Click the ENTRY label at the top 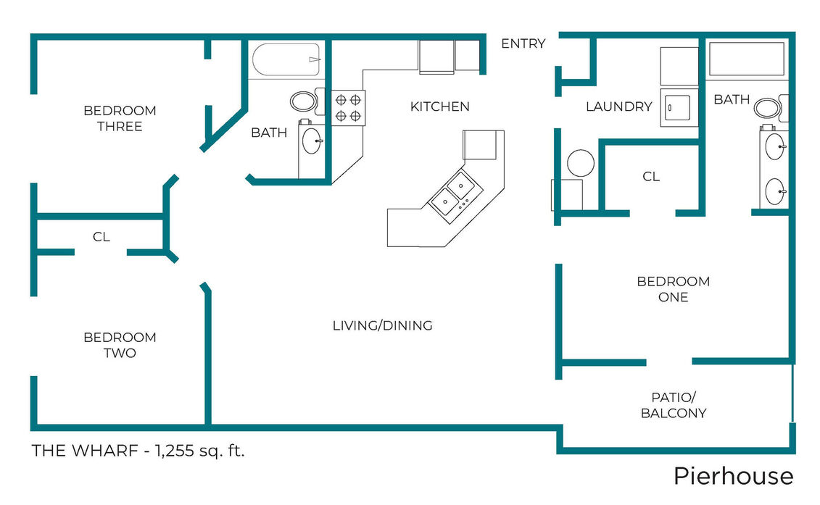pos(523,43)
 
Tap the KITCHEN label pos(440,107)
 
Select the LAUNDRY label pos(618,107)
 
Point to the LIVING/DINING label pos(382,326)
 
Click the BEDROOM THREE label pos(120,119)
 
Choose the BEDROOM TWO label pos(120,345)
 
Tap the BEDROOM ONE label pos(673,289)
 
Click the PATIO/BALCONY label pos(674,405)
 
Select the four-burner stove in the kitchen pos(348,108)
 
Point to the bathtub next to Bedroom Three pos(286,59)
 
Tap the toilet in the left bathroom pos(305,101)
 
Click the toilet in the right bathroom pos(770,108)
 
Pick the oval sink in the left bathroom pos(312,141)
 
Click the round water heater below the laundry pos(581,162)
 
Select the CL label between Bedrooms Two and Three pos(102,237)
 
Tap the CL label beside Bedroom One pos(651,177)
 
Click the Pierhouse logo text pos(733,476)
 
